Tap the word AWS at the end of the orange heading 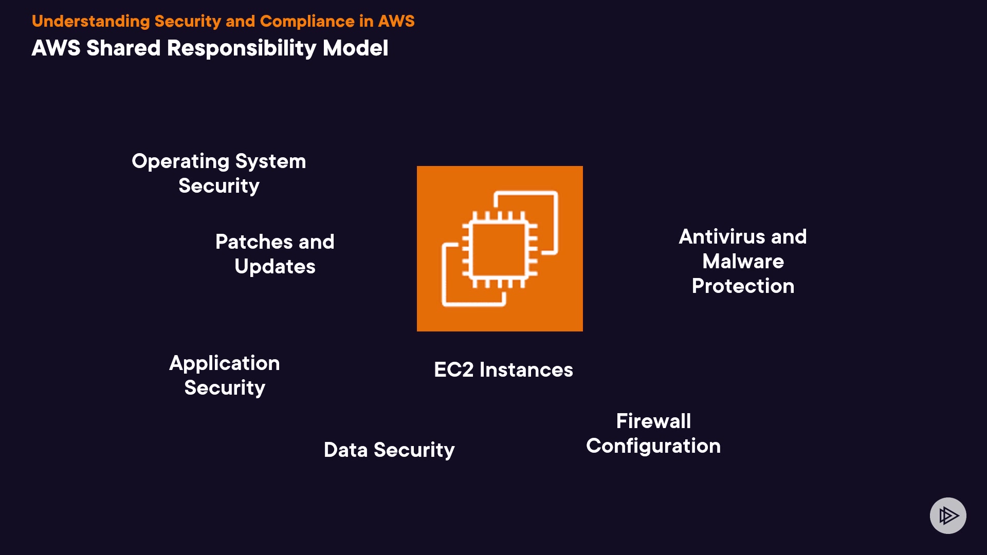point(396,21)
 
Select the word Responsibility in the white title point(242,48)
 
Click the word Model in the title point(355,48)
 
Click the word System point(270,162)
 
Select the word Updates point(275,267)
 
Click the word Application point(224,364)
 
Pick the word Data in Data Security point(345,450)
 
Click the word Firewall point(653,421)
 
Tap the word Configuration point(653,446)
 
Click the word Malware point(743,262)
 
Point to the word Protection point(743,286)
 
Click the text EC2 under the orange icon point(453,370)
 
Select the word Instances point(526,370)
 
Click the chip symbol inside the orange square point(499,249)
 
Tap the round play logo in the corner point(948,515)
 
